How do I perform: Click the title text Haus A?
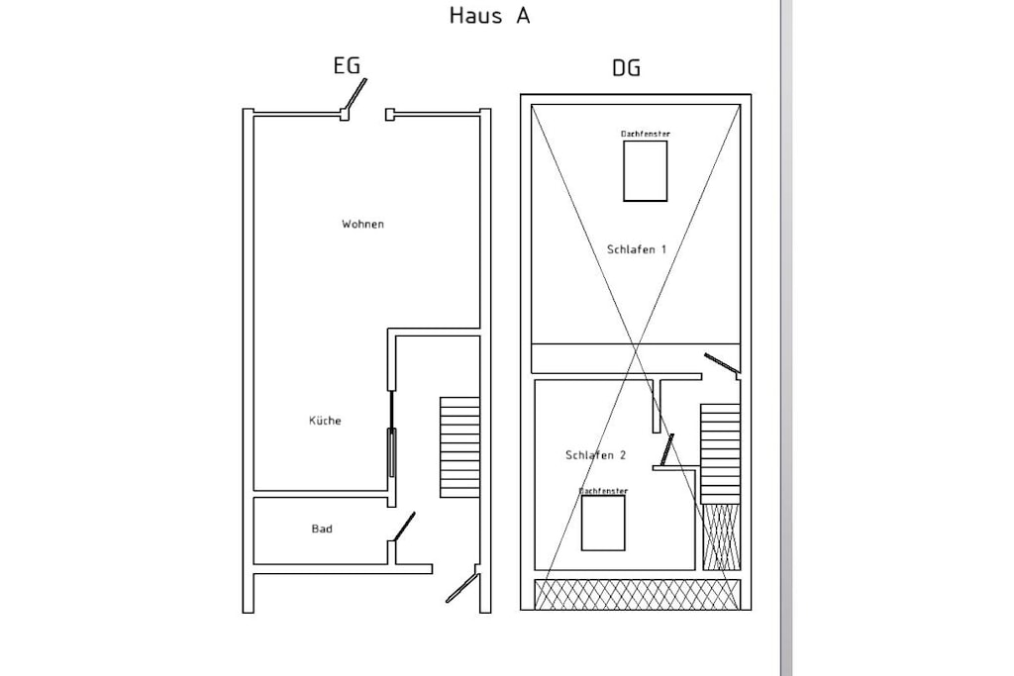point(489,16)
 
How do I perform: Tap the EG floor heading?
point(347,66)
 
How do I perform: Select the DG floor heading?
point(626,68)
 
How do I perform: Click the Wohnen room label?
point(362,225)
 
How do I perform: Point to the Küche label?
point(325,421)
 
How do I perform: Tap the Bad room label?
point(322,529)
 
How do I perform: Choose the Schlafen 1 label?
point(637,248)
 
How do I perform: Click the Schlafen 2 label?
point(595,455)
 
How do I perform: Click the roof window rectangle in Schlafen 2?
point(603,523)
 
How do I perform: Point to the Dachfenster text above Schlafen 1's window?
point(646,134)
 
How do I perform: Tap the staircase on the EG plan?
point(459,447)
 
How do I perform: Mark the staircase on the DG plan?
point(720,453)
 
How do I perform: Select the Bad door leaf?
point(404,527)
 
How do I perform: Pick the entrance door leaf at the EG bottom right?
point(461,588)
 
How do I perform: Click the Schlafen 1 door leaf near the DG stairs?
point(721,363)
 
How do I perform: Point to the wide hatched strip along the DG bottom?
point(637,595)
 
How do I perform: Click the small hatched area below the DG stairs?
point(721,537)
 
